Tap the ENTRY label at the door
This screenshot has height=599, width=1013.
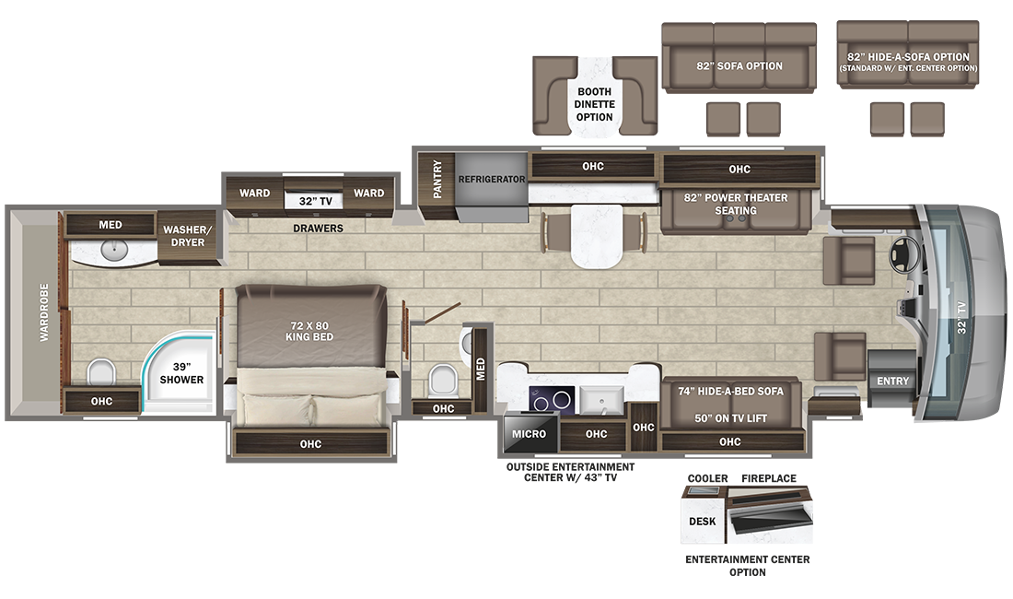[892, 381]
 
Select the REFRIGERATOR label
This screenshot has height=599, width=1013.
[492, 179]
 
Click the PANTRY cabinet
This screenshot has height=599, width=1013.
[437, 180]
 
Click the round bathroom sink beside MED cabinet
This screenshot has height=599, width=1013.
[116, 249]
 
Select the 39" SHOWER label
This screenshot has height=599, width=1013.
[182, 372]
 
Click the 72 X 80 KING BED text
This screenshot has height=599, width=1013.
[309, 330]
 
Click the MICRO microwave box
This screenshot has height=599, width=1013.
[530, 433]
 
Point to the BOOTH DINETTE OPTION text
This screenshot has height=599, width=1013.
[595, 104]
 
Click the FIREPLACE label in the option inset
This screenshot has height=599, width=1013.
[769, 478]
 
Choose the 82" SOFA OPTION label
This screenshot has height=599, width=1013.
[739, 65]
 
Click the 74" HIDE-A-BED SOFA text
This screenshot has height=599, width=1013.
[730, 392]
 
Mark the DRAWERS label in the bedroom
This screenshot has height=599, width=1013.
[319, 228]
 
